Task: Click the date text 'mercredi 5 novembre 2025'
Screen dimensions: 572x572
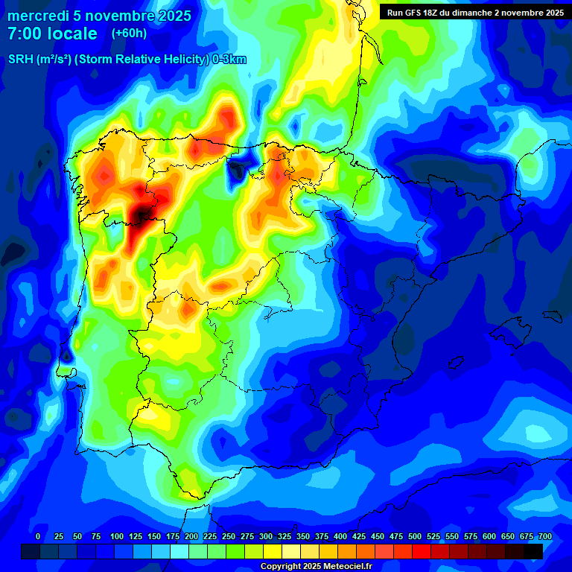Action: coord(99,16)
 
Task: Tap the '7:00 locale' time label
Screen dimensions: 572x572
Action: coord(52,34)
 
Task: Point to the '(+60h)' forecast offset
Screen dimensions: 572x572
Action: coord(129,34)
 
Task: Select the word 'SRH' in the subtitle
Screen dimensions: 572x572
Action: coord(20,60)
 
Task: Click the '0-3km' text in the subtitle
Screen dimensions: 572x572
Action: coord(229,60)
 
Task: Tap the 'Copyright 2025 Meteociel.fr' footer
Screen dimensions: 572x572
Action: coord(316,567)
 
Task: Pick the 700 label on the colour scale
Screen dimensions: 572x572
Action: coord(544,536)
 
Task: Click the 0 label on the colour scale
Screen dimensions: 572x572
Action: coord(38,536)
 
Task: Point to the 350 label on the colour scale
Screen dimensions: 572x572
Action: coord(303,536)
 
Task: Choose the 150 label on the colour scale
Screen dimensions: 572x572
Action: coord(154,536)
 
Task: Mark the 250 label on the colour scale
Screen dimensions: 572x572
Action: coord(229,536)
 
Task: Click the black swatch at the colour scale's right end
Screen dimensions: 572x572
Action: coord(533,551)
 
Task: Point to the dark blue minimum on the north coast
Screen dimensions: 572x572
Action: coord(239,169)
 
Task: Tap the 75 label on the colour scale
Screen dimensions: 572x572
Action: coord(96,536)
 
